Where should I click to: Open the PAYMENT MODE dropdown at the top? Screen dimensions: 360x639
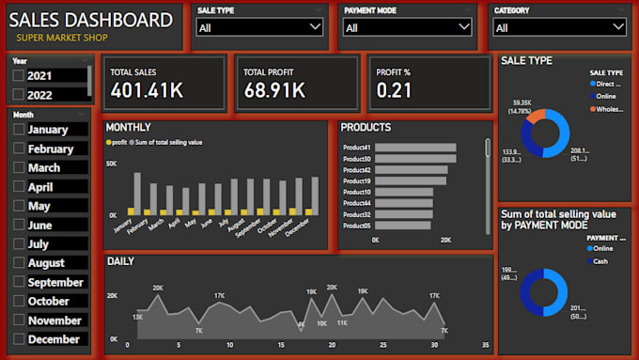[407, 28]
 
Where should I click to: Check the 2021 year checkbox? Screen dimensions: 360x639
[19, 75]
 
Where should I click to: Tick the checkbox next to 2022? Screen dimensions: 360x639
[19, 95]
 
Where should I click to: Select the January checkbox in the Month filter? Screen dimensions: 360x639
[19, 130]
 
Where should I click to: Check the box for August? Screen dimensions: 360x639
[19, 263]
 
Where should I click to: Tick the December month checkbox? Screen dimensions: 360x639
[19, 339]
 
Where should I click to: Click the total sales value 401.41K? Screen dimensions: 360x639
[148, 90]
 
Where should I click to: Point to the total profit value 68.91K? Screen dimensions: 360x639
[274, 90]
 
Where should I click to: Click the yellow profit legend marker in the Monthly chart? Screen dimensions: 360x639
[108, 142]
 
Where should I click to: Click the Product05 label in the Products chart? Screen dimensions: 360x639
[356, 226]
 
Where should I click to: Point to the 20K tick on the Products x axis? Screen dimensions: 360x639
[445, 240]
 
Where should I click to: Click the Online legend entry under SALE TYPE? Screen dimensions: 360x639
[605, 96]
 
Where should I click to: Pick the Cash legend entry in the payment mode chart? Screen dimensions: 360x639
[600, 261]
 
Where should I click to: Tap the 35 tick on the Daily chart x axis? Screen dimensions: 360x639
[485, 345]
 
